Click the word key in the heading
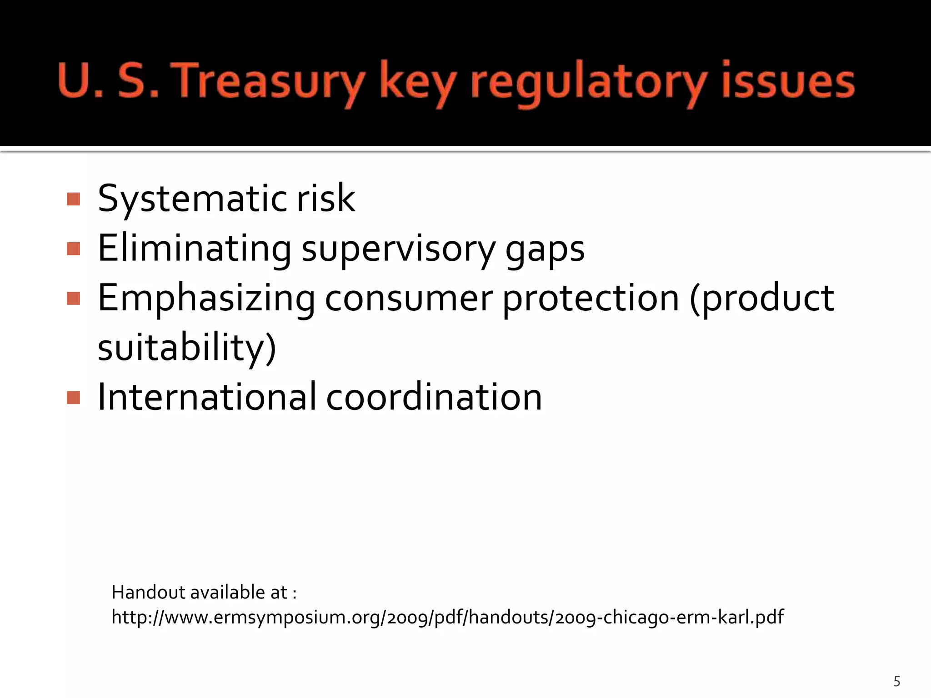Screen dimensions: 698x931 click(x=417, y=82)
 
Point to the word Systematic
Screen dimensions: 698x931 click(x=193, y=199)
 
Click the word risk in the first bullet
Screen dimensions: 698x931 click(x=325, y=198)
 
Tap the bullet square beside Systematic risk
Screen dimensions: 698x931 click(x=73, y=199)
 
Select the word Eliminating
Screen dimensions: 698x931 click(x=195, y=248)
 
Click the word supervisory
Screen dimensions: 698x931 click(x=399, y=249)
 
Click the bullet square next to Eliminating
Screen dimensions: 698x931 click(x=73, y=249)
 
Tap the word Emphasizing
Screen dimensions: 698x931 click(x=206, y=298)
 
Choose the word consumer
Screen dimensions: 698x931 click(x=409, y=298)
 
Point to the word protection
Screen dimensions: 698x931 click(x=591, y=298)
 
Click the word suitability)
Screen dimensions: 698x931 click(x=187, y=348)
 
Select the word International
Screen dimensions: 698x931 click(x=207, y=397)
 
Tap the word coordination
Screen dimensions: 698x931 click(x=434, y=397)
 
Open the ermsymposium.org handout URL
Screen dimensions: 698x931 click(x=447, y=617)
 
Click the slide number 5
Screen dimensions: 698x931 click(x=896, y=681)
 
